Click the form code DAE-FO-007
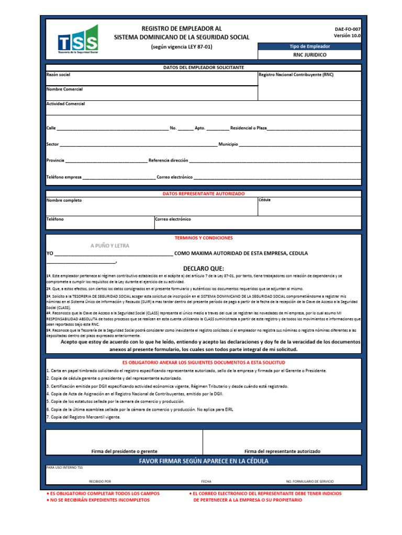[348, 30]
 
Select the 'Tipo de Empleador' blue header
[309, 46]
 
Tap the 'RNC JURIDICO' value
[309, 54]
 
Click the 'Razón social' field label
[58, 75]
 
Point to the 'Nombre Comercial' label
[64, 89]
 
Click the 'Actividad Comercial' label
[66, 104]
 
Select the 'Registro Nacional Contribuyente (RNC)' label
[296, 75]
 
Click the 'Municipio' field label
[228, 144]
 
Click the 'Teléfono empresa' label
[64, 177]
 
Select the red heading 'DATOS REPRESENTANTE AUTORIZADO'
[204, 193]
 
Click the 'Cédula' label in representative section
[264, 200]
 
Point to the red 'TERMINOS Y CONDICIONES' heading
[204, 238]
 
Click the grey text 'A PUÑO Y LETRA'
[110, 246]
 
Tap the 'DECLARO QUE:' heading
[204, 269]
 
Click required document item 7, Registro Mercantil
[84, 417]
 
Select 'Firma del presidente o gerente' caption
[124, 451]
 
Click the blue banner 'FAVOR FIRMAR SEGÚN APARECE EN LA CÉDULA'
[204, 461]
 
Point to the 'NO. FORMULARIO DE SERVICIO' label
[310, 481]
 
